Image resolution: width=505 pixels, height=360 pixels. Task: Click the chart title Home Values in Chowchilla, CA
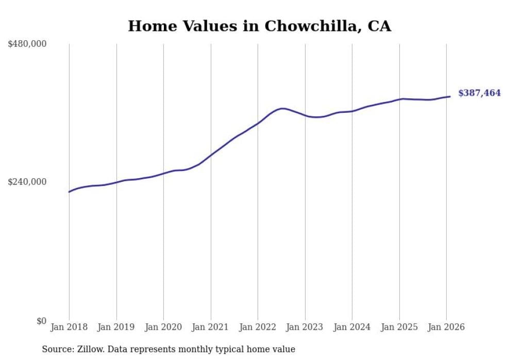click(259, 26)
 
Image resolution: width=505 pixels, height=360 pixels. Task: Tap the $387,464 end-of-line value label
click(479, 93)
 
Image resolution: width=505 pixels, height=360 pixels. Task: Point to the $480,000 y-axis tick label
click(27, 44)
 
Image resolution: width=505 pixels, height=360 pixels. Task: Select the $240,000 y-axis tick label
click(27, 182)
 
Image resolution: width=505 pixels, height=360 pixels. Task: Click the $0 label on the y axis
click(41, 321)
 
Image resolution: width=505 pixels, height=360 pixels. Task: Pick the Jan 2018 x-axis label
click(69, 327)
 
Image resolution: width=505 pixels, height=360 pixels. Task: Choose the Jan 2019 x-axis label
click(116, 327)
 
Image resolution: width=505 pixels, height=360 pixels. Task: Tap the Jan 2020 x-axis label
click(163, 327)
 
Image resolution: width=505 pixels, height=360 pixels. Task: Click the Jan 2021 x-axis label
click(211, 327)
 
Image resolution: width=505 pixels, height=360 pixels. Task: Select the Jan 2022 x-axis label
click(258, 327)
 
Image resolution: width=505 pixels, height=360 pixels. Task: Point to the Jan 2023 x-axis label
click(305, 327)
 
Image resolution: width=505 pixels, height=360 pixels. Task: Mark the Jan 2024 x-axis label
click(352, 327)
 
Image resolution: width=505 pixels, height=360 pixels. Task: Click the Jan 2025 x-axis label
click(399, 327)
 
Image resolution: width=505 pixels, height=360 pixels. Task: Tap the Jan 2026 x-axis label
click(446, 327)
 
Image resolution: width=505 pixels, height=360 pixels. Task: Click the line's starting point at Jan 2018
click(69, 192)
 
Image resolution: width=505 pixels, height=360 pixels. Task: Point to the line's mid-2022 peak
click(282, 108)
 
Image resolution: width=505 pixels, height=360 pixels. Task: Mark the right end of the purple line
click(450, 96)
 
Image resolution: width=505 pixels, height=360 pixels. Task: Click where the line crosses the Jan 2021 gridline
click(211, 155)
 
